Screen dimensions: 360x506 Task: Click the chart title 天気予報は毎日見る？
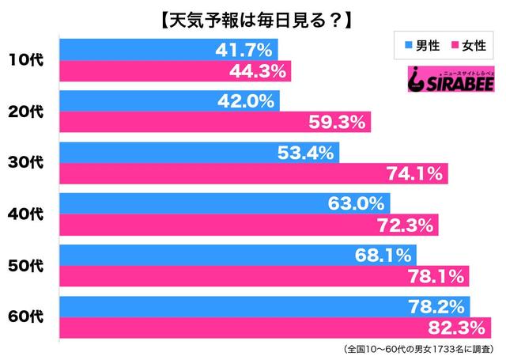pyautogui.click(x=252, y=17)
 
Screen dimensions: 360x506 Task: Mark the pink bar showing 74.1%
pyautogui.click(x=253, y=172)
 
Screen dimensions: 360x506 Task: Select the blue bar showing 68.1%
pyautogui.click(x=237, y=255)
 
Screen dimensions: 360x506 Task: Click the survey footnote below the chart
pyautogui.click(x=416, y=349)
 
